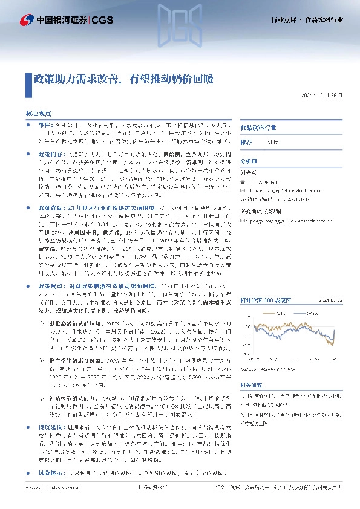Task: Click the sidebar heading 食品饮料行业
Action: pyautogui.click(x=258, y=128)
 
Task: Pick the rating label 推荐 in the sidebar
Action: pyautogui.click(x=246, y=143)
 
